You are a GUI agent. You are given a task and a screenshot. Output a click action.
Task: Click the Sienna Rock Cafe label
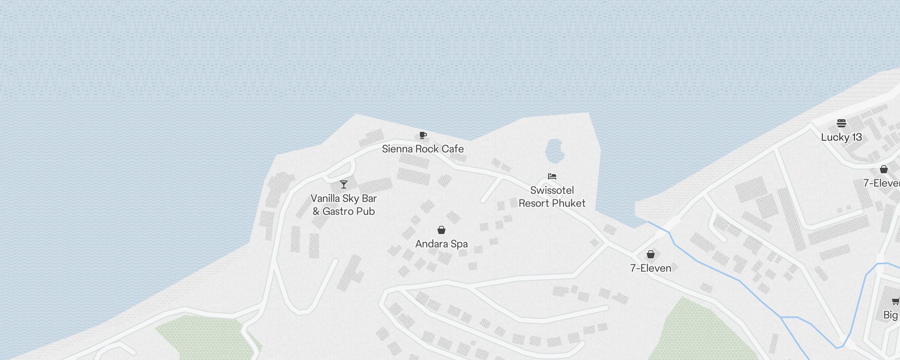[x=423, y=149]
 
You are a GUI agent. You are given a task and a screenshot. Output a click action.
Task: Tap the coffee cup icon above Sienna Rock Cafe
[x=423, y=135]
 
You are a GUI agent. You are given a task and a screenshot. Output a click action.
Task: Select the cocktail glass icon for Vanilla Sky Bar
[x=344, y=184]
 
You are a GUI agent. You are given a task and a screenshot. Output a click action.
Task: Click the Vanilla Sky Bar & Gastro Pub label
[x=344, y=205]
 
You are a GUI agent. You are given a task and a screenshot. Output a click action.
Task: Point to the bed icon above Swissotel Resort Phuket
[x=552, y=176]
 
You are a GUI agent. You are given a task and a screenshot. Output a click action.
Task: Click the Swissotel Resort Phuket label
[x=552, y=197]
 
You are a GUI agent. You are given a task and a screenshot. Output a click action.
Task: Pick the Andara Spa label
[x=441, y=244]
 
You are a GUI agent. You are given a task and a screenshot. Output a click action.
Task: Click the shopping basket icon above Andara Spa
[x=441, y=230]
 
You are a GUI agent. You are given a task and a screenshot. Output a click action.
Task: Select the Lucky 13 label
[x=841, y=137]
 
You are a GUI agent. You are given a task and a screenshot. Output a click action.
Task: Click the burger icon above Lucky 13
[x=841, y=123]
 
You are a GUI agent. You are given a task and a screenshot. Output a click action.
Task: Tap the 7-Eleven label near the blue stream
[x=650, y=268]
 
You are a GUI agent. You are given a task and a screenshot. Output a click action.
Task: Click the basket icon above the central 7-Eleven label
[x=650, y=254]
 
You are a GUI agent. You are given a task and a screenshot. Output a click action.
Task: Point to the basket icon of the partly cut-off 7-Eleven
[x=884, y=169]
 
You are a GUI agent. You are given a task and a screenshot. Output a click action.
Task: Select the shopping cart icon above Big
[x=895, y=301]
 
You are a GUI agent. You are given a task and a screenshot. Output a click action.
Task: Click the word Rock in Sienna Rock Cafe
[x=427, y=149]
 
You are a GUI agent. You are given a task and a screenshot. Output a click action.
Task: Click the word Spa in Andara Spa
[x=459, y=244]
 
